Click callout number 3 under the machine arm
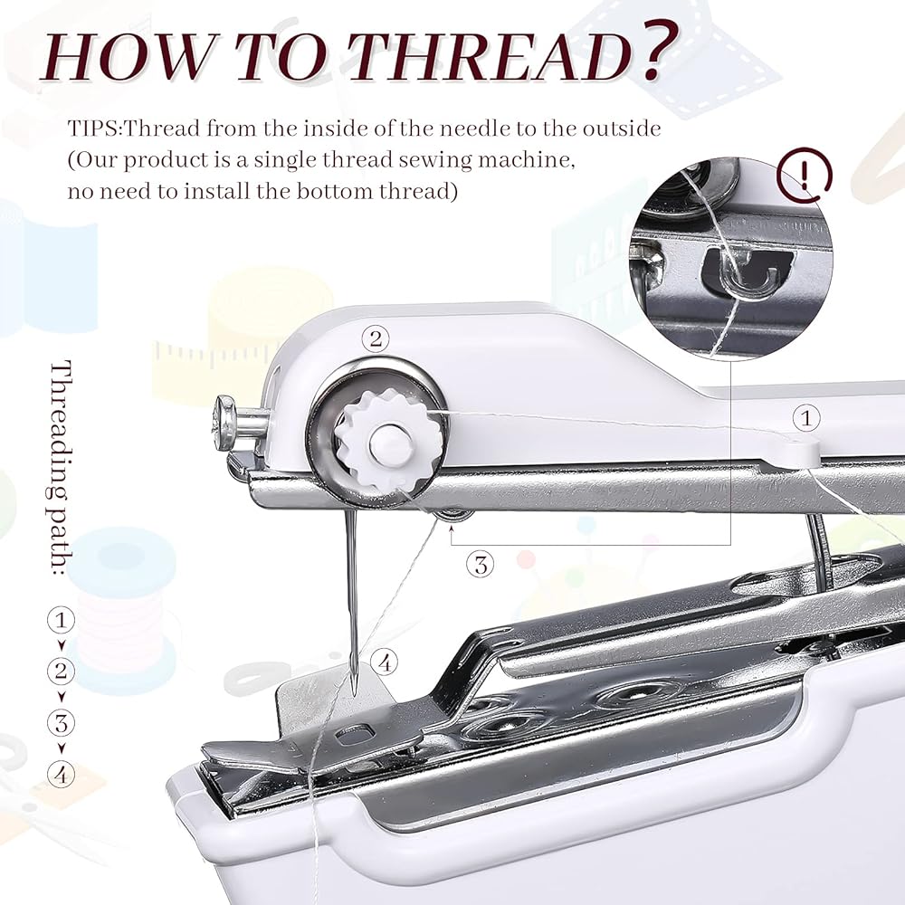[480, 565]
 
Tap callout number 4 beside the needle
[385, 662]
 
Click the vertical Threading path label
[62, 467]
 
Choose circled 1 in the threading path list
[60, 620]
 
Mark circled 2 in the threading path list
[60, 672]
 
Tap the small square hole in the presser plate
[363, 729]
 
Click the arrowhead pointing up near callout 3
[452, 534]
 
